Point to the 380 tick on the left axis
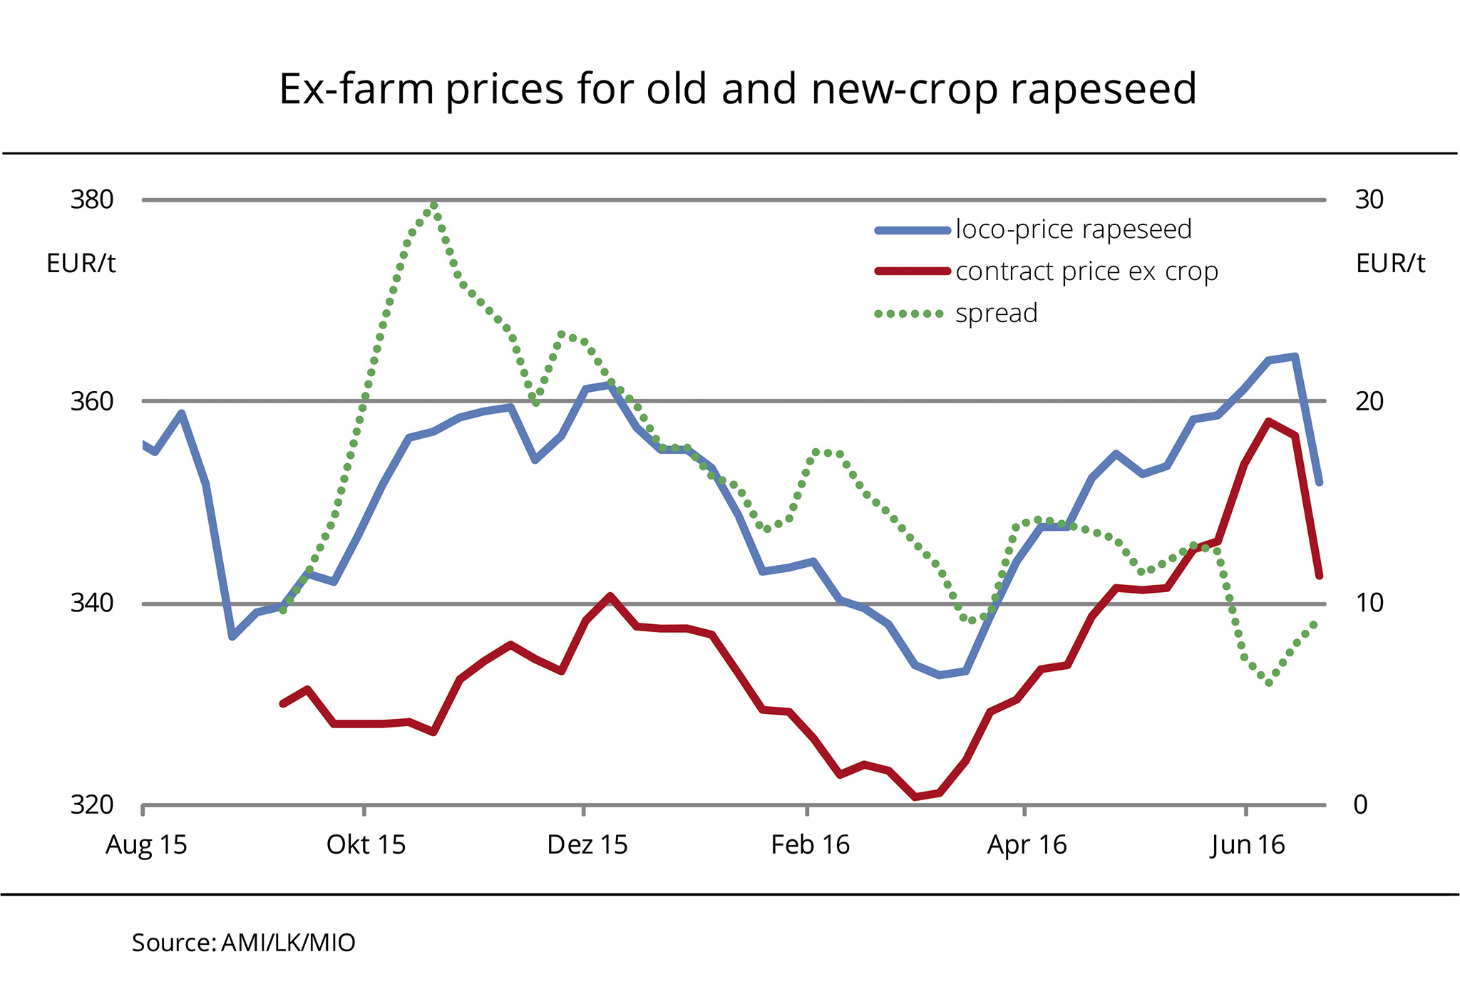[x=92, y=200]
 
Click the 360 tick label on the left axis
[x=92, y=402]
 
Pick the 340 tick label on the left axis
[x=92, y=604]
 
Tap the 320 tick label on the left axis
[x=92, y=805]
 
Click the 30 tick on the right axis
[x=1369, y=200]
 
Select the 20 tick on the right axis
[x=1369, y=402]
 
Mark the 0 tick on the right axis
[x=1361, y=805]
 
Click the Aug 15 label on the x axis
[x=146, y=846]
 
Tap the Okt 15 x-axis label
[x=366, y=846]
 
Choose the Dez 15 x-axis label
[x=587, y=846]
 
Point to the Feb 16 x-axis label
[x=811, y=846]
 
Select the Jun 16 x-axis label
[x=1248, y=846]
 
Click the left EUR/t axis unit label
[x=81, y=264]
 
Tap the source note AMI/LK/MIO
[x=244, y=943]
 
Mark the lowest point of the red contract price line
[x=915, y=797]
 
